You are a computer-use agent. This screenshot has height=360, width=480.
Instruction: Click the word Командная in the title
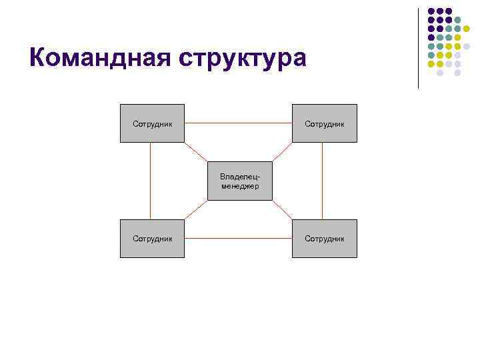click(93, 58)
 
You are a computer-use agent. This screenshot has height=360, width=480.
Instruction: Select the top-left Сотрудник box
click(152, 123)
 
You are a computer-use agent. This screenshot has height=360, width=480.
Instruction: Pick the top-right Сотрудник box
click(324, 123)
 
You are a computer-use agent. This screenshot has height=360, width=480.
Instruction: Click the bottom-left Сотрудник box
click(152, 238)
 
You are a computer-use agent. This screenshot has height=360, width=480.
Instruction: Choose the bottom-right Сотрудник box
click(324, 238)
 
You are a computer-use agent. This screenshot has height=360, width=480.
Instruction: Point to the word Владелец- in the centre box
click(239, 176)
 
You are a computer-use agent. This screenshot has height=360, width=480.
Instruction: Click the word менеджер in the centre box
click(239, 185)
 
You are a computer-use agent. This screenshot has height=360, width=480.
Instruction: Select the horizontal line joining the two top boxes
click(238, 123)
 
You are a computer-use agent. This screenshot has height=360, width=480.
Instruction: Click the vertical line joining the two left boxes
click(151, 181)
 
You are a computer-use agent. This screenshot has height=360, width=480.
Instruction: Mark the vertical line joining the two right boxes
click(323, 181)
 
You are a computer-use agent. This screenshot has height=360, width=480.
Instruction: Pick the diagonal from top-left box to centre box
click(196, 152)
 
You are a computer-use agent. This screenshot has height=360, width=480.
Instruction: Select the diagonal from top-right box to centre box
click(283, 152)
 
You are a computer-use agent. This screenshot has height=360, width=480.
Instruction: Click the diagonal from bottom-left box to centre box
click(195, 210)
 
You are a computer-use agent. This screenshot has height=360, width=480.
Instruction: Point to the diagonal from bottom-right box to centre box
click(283, 210)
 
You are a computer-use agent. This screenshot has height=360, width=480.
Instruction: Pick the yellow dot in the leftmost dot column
click(431, 64)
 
